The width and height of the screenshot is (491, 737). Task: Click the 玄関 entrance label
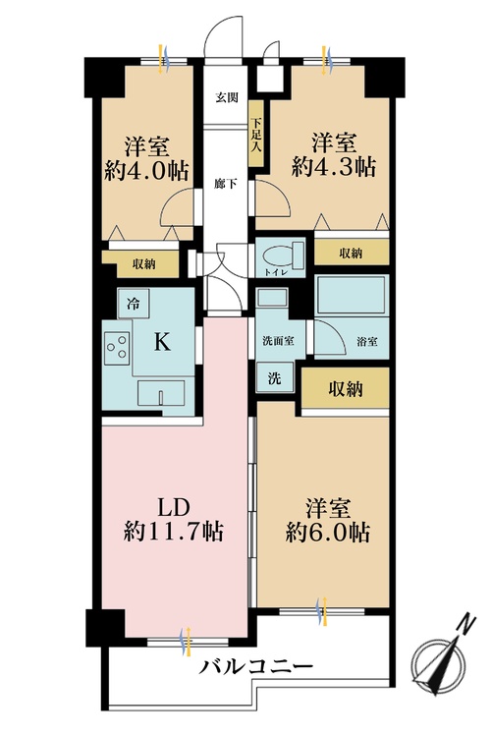tap(227, 98)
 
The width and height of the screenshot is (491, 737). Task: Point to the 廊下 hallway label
tap(227, 184)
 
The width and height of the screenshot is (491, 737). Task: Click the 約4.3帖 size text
tap(332, 167)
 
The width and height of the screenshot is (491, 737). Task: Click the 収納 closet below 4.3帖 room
tap(351, 253)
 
